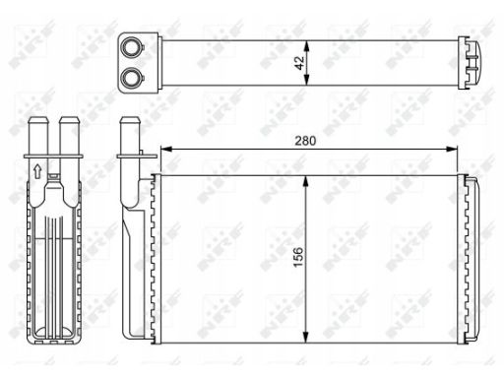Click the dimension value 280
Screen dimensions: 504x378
click(305, 141)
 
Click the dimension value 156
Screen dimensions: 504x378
click(298, 257)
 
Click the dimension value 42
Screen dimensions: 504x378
click(299, 63)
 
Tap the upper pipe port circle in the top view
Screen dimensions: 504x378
click(131, 47)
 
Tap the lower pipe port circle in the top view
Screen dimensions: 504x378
click(131, 78)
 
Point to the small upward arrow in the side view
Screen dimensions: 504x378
click(37, 171)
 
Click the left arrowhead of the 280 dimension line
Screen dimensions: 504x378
click(166, 150)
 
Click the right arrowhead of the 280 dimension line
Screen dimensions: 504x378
click(452, 150)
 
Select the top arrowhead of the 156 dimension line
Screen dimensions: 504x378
click(306, 181)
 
